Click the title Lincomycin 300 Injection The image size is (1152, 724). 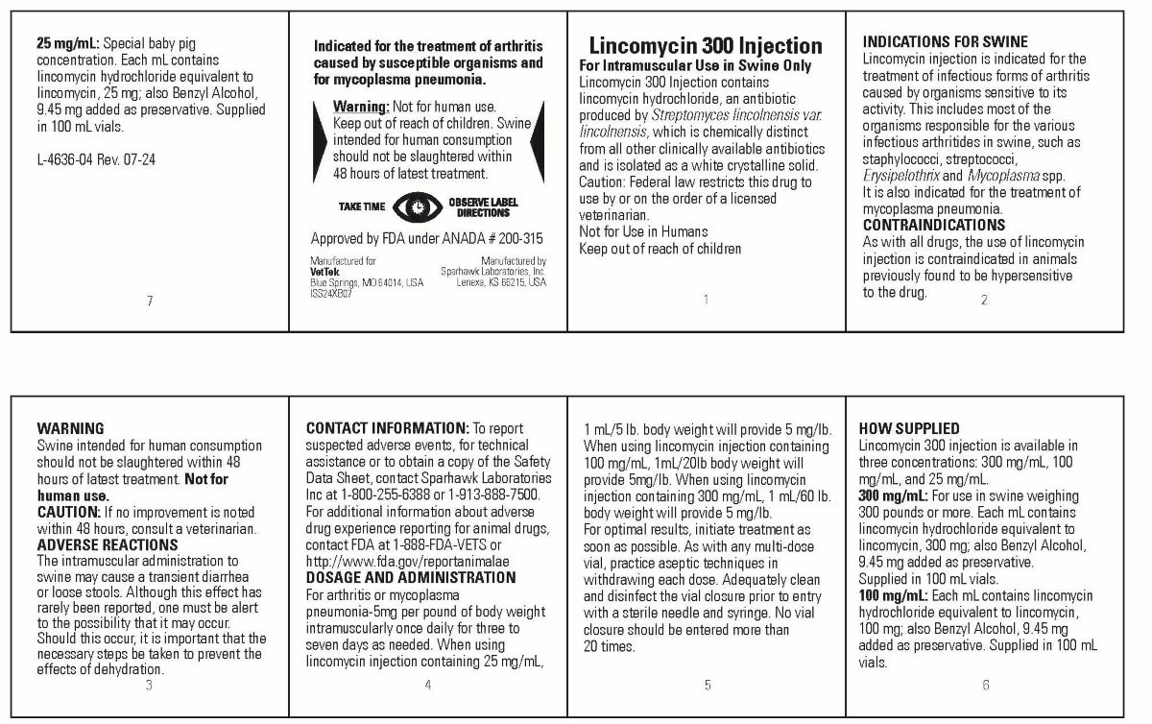click(x=705, y=46)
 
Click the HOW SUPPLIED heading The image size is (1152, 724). click(x=908, y=428)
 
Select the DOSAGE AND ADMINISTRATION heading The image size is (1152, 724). click(x=410, y=577)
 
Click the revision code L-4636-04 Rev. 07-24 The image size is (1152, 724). click(x=95, y=159)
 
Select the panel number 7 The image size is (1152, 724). click(x=150, y=301)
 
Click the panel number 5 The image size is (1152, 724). click(x=708, y=685)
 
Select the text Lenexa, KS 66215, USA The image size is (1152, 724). click(x=500, y=282)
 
